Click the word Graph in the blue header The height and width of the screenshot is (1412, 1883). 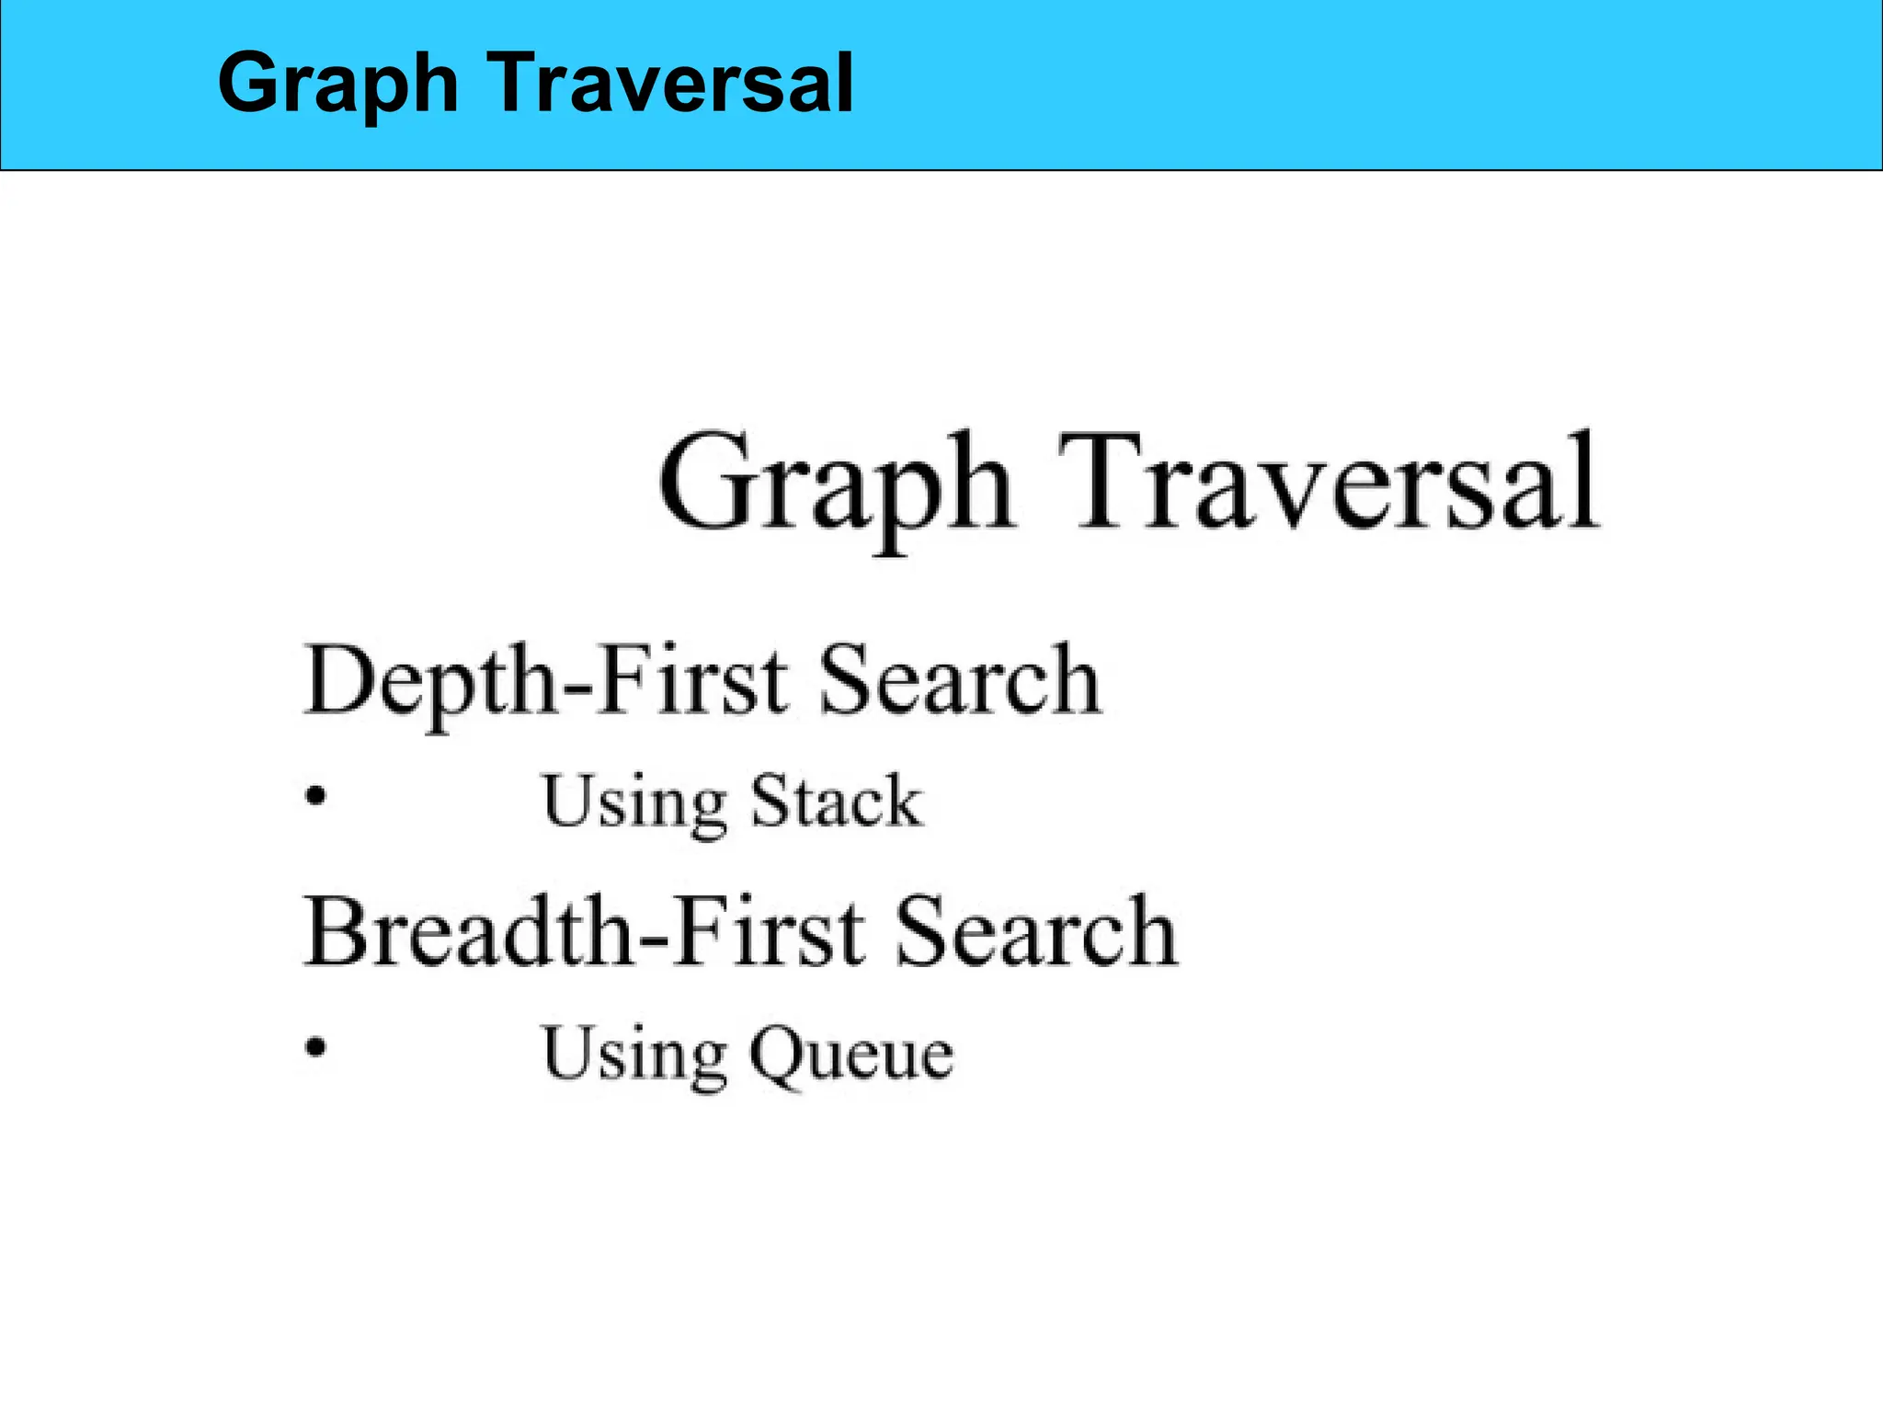(337, 85)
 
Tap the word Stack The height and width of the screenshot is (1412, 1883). (836, 801)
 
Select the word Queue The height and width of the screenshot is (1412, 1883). (851, 1053)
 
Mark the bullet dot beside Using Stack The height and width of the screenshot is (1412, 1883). (315, 795)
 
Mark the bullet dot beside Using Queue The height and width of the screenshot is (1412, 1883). (315, 1047)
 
